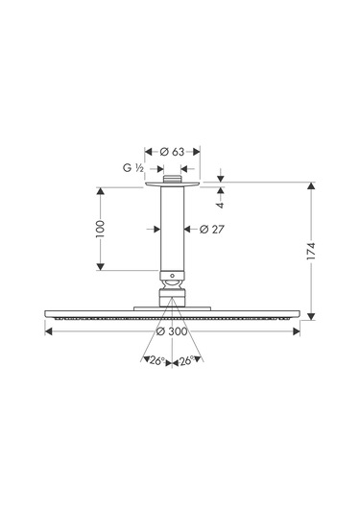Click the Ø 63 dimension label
[x=172, y=152]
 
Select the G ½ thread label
[x=133, y=168]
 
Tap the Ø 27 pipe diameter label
[x=212, y=229]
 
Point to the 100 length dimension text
[x=101, y=229]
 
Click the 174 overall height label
[x=311, y=252]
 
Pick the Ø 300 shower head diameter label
[x=172, y=331]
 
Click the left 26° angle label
[x=157, y=361]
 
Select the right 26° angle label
[x=186, y=361]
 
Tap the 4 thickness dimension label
[x=221, y=205]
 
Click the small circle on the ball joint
[x=172, y=276]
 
